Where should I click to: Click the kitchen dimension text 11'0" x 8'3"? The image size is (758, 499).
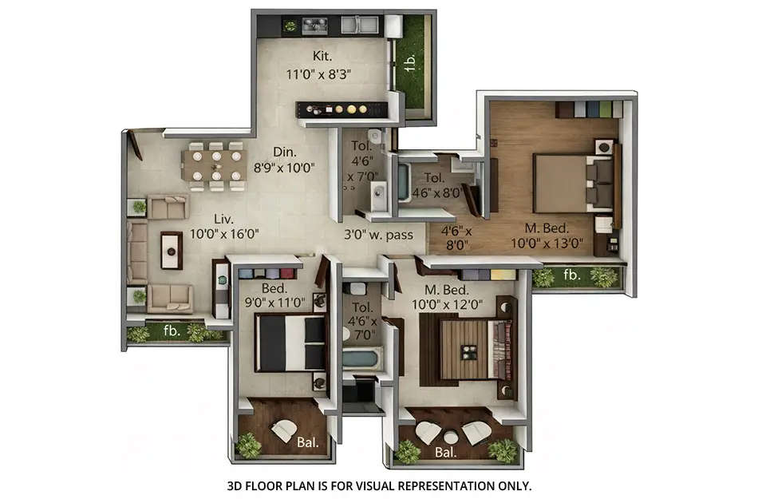click(319, 74)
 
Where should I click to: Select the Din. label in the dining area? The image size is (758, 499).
click(284, 152)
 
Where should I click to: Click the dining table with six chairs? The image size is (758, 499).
click(213, 166)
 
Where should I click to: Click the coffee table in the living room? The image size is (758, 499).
click(171, 248)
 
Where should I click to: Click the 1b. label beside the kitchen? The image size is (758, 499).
click(409, 61)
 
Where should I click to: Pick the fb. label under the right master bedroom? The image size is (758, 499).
click(572, 275)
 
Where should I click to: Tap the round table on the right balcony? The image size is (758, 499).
click(452, 437)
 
